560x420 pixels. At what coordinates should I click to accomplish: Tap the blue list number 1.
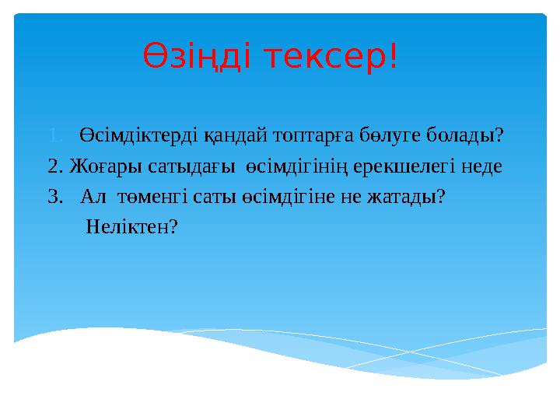pos(54,135)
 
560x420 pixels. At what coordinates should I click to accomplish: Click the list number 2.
pos(54,166)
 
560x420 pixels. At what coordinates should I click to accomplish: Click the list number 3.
pos(54,197)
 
